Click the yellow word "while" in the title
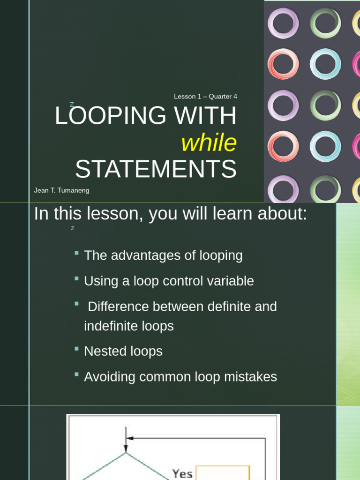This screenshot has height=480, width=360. click(209, 143)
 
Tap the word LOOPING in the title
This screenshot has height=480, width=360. click(111, 116)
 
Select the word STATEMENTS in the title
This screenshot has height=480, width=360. click(156, 169)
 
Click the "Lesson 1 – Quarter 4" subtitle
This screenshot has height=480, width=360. click(205, 97)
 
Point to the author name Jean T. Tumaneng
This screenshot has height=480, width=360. click(61, 191)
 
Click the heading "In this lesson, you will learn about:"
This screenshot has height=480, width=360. click(171, 214)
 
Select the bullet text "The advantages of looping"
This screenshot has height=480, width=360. click(163, 255)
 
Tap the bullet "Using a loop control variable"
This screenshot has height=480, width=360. click(169, 281)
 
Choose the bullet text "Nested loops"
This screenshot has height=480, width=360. click(123, 352)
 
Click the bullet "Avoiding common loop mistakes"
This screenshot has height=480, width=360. click(180, 377)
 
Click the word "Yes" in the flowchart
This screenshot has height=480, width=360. click(182, 473)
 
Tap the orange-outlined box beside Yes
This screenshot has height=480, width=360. click(222, 472)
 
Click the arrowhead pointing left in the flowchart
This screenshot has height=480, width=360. click(130, 438)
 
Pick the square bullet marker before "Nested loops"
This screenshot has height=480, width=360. click(76, 349)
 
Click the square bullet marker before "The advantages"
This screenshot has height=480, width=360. click(76, 253)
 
